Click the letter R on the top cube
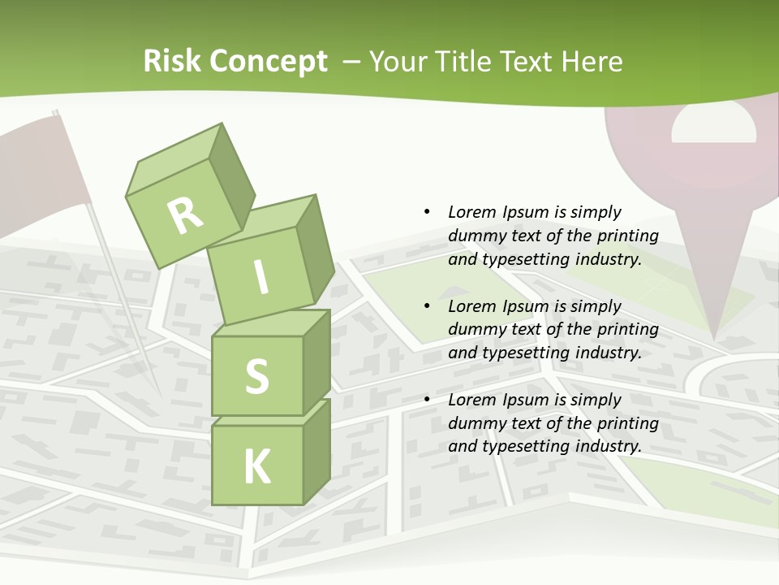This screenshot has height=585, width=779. [186, 215]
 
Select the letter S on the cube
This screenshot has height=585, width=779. [256, 376]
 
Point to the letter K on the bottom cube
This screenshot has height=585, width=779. [257, 467]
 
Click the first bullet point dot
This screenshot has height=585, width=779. [427, 212]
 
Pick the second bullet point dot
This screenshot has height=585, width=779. [427, 306]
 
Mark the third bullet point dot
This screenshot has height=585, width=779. [427, 400]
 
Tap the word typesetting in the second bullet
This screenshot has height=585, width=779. [524, 353]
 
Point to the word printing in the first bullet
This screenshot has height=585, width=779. [627, 236]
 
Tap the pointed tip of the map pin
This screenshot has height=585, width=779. [714, 335]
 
